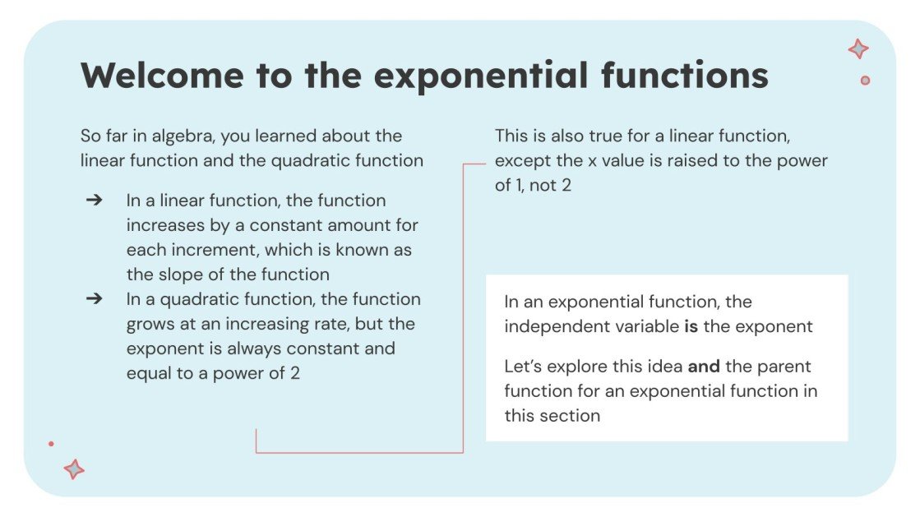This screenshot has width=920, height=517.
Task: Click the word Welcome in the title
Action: point(162,76)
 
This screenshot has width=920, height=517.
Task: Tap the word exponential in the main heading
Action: point(480,76)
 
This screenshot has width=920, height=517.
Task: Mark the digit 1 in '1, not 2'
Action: point(519,185)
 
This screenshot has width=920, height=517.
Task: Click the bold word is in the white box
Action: point(691,326)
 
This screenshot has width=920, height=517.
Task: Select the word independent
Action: point(549,326)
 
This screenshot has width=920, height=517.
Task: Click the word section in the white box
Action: point(569,415)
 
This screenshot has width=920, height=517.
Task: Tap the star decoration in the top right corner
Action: point(858,49)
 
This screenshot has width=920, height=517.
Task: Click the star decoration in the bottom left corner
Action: point(74,469)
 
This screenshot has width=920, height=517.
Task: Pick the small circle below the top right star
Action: point(865,81)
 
